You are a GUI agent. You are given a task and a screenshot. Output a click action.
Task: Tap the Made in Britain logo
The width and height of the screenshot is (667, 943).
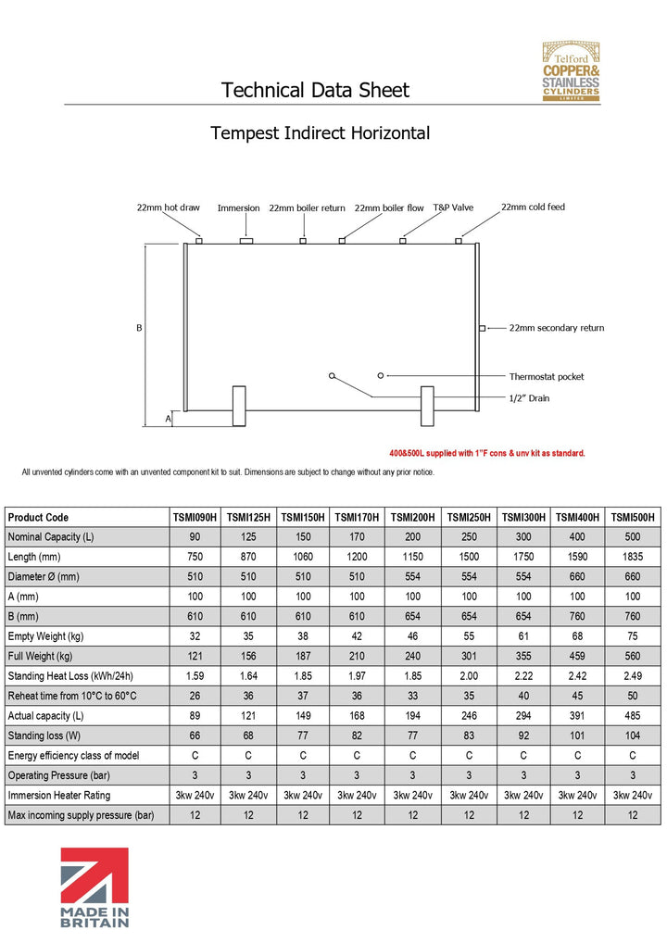pos(94,886)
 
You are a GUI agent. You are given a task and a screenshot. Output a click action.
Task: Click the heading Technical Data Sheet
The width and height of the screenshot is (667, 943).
pos(315,90)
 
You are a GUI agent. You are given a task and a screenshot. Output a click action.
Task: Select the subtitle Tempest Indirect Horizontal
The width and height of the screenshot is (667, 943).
pos(320,132)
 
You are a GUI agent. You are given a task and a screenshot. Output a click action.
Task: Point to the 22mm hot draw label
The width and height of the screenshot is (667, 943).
pos(168,207)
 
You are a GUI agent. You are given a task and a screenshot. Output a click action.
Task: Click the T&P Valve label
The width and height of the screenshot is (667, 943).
pos(453,207)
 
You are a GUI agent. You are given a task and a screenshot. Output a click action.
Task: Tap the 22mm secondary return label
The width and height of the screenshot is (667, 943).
pos(556,328)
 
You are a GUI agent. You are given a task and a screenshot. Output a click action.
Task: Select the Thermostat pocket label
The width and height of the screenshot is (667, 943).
pos(546,377)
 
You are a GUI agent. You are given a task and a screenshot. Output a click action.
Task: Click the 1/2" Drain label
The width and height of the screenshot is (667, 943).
pos(529,397)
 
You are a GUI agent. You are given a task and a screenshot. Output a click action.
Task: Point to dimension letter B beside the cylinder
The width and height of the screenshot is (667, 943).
pos(139,328)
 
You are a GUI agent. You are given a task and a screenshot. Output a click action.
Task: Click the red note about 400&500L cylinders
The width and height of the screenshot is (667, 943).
pos(486,454)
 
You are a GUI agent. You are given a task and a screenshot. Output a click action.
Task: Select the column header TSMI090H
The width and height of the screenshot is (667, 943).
pos(195,517)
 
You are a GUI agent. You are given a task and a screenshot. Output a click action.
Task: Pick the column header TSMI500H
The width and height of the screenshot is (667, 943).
pos(634,517)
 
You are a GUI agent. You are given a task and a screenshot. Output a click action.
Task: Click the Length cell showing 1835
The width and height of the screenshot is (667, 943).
pos(634,557)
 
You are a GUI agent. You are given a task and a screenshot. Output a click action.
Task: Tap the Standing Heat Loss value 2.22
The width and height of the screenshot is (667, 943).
pos(523,676)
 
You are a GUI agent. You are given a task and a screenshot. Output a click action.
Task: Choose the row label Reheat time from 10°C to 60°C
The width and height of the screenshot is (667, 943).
pos(72,696)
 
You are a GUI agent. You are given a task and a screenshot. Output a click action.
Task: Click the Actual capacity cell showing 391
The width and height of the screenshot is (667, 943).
pos(578,716)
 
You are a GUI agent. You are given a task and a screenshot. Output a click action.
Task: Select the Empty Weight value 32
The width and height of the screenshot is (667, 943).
pos(195,636)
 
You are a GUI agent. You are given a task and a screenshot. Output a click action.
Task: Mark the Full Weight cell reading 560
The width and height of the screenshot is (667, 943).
pos(634,657)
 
